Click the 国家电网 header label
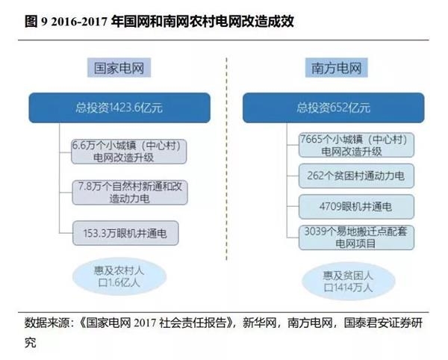click(x=119, y=68)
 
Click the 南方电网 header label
click(x=336, y=68)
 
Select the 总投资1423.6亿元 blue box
click(x=119, y=108)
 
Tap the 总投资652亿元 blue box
click(x=334, y=108)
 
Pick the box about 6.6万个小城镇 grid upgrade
click(x=129, y=152)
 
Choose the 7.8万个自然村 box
click(x=130, y=192)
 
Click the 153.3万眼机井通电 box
click(x=125, y=233)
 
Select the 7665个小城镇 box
click(x=356, y=145)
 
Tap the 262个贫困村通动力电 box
click(x=356, y=176)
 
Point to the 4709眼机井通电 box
click(x=356, y=207)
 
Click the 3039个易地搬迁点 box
click(x=356, y=238)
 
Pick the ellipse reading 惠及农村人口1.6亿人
click(x=119, y=276)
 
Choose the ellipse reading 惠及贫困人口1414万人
click(x=348, y=281)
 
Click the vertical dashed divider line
click(x=226, y=159)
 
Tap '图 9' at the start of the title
click(x=36, y=22)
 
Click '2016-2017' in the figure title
click(x=79, y=22)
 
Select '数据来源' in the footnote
click(x=47, y=323)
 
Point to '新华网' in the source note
click(x=259, y=323)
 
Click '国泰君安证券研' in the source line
click(x=383, y=323)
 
